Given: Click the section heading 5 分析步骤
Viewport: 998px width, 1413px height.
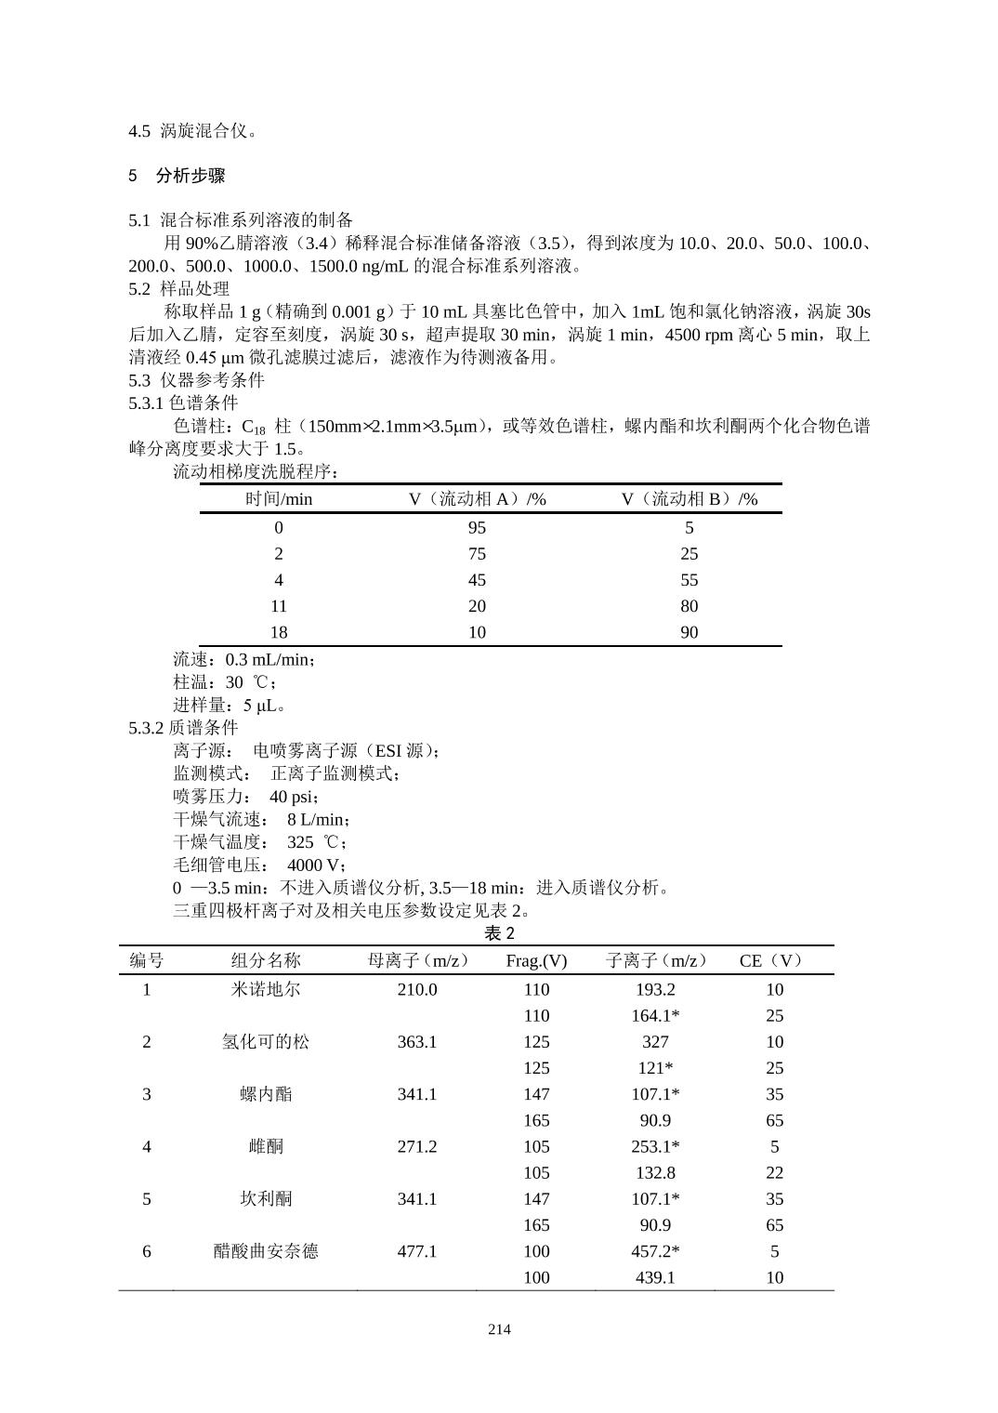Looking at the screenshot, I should click(x=177, y=176).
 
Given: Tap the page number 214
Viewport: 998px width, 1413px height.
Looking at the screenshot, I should click(x=499, y=1328).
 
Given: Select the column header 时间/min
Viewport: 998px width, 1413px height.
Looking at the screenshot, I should click(x=279, y=499).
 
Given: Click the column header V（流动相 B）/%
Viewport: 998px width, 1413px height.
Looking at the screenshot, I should click(x=689, y=499).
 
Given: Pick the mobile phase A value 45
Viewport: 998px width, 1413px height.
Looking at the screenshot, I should click(x=477, y=580).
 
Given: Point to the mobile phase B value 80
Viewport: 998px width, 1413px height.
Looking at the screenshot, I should click(x=689, y=606).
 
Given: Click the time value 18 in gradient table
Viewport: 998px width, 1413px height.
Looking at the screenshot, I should click(x=279, y=632).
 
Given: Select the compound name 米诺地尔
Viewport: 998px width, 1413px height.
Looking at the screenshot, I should click(x=266, y=989).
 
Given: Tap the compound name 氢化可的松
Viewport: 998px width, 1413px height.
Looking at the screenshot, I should click(x=266, y=1041).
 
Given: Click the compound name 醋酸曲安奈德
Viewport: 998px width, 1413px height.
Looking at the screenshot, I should click(x=266, y=1251).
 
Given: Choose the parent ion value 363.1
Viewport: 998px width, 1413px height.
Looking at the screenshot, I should click(x=417, y=1041).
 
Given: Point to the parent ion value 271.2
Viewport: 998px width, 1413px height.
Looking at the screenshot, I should click(x=417, y=1146).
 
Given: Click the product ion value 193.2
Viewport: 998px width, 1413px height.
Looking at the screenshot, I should click(x=655, y=989).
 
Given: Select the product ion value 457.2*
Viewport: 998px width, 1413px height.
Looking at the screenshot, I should click(x=655, y=1251).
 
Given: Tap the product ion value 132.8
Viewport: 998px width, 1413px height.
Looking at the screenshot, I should click(x=655, y=1172).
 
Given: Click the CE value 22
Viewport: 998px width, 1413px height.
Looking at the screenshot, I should click(x=774, y=1172).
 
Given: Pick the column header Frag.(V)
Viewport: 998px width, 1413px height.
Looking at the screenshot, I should click(x=536, y=961).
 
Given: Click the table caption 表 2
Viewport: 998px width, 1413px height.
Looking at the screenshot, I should click(x=499, y=932).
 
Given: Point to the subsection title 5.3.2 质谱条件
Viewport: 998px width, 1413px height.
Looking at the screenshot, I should click(x=183, y=727).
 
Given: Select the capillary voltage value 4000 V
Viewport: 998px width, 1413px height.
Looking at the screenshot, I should click(x=316, y=865).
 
